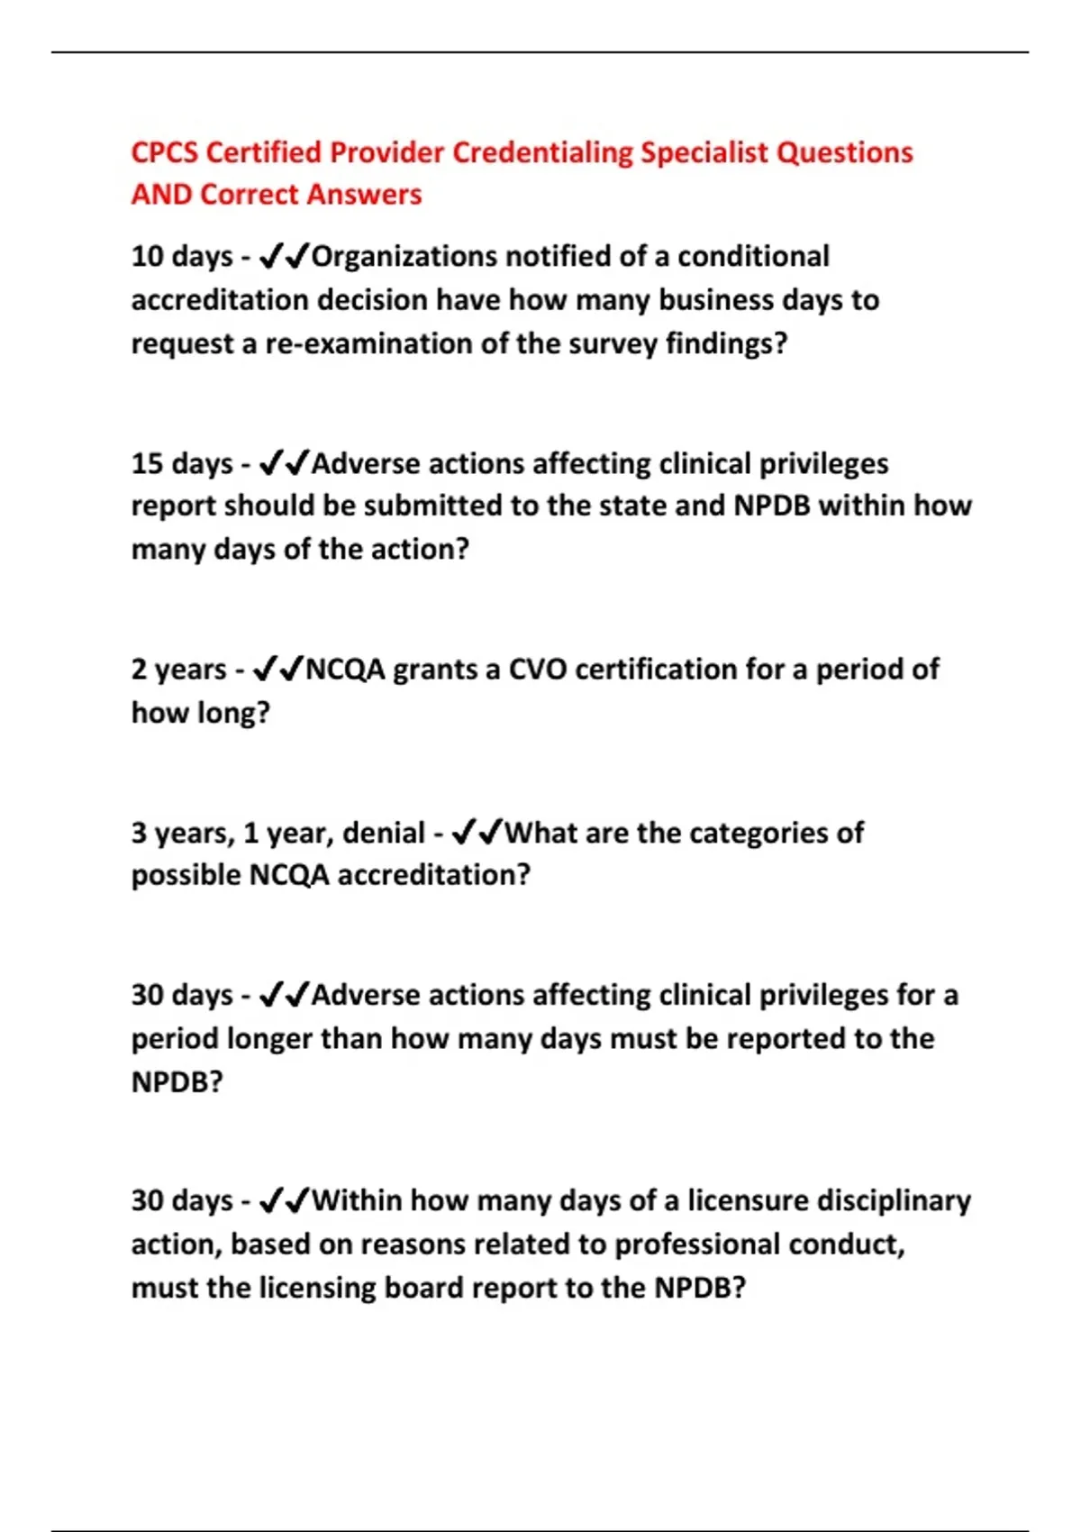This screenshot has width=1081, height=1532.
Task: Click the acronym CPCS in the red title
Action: pyautogui.click(x=165, y=152)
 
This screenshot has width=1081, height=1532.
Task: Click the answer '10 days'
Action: pyautogui.click(x=182, y=257)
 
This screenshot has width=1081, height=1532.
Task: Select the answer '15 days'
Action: pyautogui.click(x=182, y=464)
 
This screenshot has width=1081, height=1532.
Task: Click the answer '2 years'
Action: pyautogui.click(x=178, y=670)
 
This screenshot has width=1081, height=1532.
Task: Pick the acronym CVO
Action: pyautogui.click(x=538, y=670)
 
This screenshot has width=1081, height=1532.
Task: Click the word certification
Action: pyautogui.click(x=656, y=670)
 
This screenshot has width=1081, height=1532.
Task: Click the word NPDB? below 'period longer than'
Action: pyautogui.click(x=177, y=1081)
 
